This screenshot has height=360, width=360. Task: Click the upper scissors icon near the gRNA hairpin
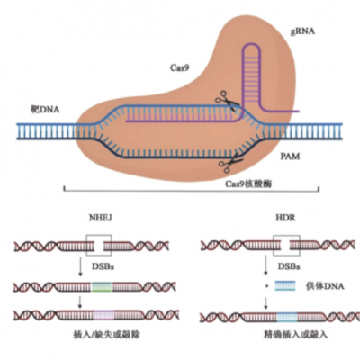pos(222,105)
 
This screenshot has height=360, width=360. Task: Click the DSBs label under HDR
pos(287,267)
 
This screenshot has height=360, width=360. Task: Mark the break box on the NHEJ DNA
pos(99,244)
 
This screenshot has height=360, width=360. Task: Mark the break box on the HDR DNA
pos(287,244)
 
